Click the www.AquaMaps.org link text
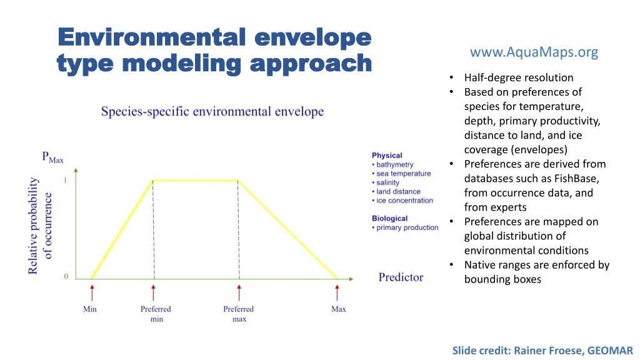click(534, 52)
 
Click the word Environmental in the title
click(152, 37)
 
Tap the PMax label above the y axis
click(52, 157)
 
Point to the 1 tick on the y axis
click(65, 180)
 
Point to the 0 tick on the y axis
click(66, 276)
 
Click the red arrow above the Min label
click(92, 293)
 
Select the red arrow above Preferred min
click(154, 293)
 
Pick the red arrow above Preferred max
click(239, 293)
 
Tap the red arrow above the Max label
click(337, 293)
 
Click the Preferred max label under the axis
click(239, 314)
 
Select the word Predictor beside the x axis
click(401, 277)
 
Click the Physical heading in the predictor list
click(387, 156)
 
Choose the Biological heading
click(390, 218)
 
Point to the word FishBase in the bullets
click(576, 178)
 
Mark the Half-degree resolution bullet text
click(519, 77)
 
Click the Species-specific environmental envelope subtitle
click(212, 111)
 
